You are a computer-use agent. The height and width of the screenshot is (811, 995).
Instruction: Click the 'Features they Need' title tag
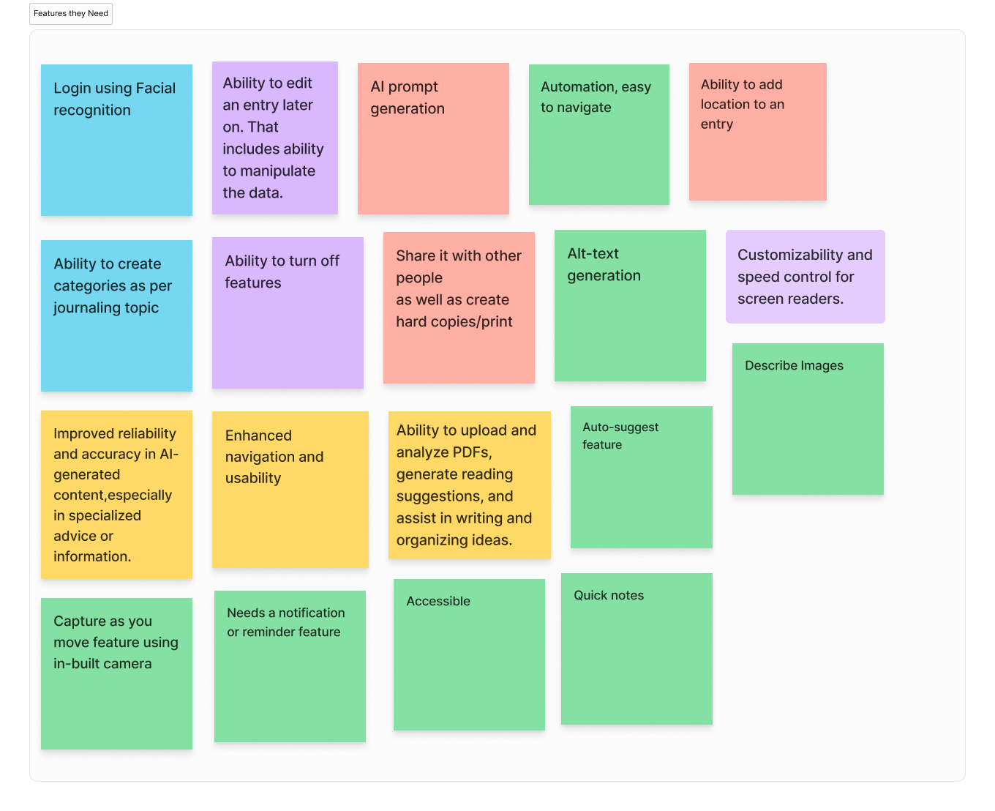click(x=71, y=14)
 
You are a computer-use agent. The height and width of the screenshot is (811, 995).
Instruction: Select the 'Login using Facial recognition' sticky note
click(x=116, y=140)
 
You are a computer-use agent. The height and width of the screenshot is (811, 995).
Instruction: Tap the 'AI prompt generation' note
click(x=433, y=138)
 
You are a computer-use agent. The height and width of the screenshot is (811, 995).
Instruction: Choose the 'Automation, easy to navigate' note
click(x=598, y=135)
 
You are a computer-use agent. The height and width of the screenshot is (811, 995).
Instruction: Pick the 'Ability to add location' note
click(x=757, y=132)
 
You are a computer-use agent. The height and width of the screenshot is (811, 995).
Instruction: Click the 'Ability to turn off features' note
click(x=288, y=313)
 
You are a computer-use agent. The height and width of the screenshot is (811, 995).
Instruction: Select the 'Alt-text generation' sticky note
click(x=630, y=305)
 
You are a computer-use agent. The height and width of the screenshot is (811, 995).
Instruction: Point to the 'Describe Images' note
click(x=808, y=419)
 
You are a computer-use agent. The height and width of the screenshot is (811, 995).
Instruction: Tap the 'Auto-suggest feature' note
click(x=641, y=477)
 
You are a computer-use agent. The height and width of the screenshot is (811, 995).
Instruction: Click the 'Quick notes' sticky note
click(x=637, y=649)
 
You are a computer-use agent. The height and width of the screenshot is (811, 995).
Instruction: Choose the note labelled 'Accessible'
click(x=469, y=654)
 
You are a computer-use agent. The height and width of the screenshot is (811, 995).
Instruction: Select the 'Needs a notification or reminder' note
click(x=290, y=666)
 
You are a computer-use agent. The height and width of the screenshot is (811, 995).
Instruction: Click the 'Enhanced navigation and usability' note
click(x=290, y=489)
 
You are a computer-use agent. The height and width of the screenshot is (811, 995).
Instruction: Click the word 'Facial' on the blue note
click(x=155, y=89)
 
